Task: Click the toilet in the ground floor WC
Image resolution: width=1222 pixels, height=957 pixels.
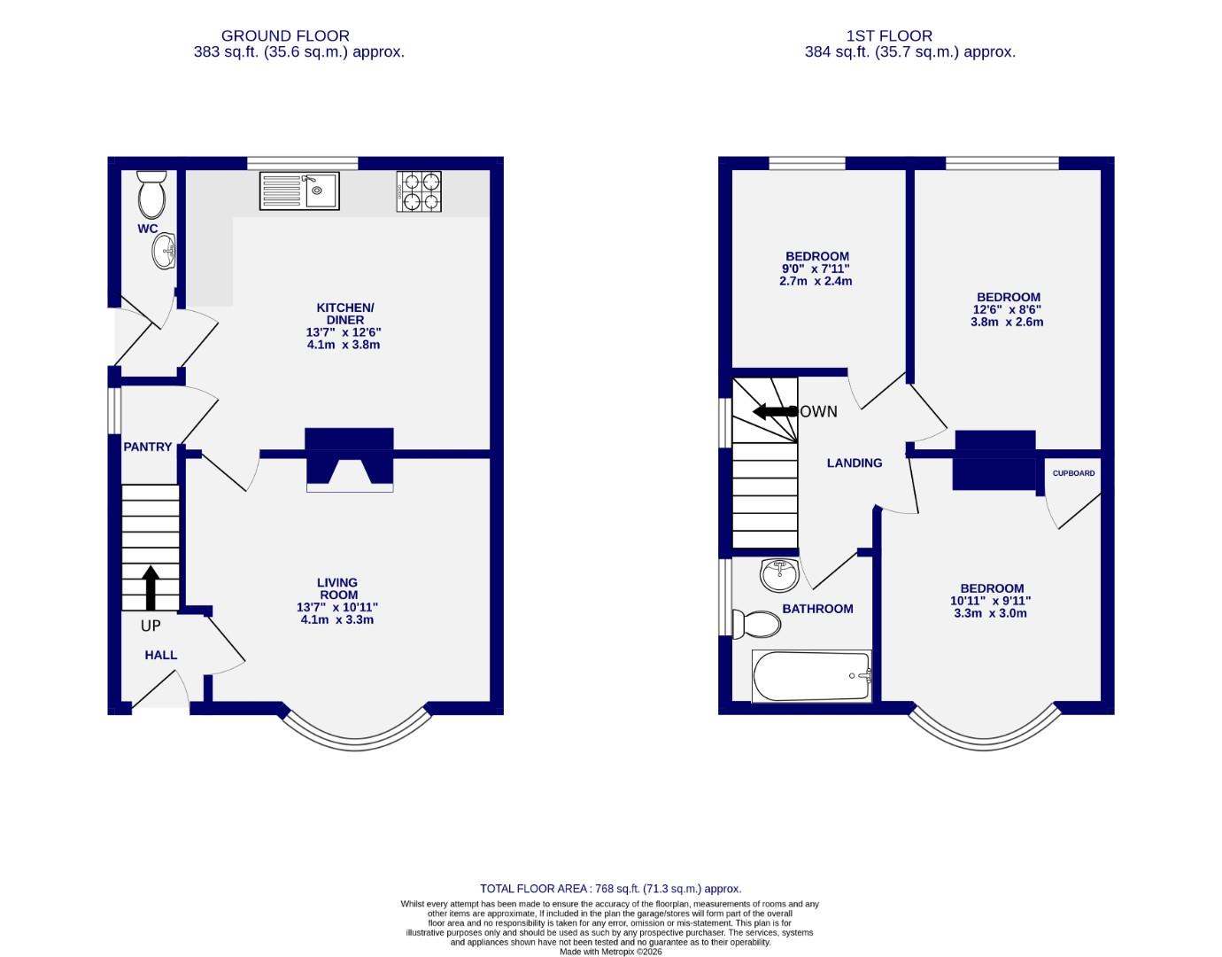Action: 151,195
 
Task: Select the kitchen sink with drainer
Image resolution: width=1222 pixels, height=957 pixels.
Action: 299,191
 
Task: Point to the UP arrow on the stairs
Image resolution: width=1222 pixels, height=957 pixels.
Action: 151,587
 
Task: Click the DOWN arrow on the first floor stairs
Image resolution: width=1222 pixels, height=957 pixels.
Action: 773,412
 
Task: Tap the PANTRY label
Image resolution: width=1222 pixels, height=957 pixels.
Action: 148,447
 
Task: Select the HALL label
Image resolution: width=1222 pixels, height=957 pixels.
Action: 161,655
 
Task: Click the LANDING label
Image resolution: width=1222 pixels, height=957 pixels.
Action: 855,463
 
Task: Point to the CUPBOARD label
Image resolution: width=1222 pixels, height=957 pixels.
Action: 1073,473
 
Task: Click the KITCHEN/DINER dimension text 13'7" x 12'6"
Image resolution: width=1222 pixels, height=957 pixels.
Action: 345,332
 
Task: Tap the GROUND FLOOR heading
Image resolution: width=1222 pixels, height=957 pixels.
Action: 285,36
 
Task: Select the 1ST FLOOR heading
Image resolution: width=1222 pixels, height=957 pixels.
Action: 889,36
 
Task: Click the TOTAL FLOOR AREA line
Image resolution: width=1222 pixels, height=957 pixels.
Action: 610,888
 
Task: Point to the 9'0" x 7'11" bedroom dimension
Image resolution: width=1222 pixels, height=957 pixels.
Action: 816,269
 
